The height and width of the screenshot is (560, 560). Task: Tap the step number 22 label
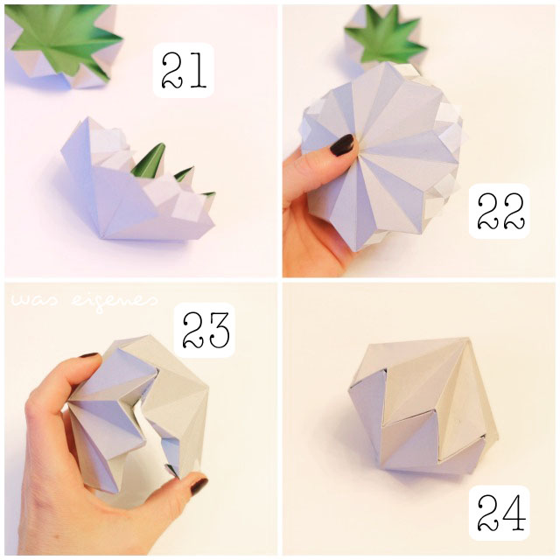[500, 211]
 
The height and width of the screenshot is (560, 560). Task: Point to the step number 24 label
[500, 513]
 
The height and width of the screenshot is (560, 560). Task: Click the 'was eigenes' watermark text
[84, 300]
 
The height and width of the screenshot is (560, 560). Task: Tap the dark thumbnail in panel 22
[341, 144]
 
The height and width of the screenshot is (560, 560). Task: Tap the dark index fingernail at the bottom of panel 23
[199, 486]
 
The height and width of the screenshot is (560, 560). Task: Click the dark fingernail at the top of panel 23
[88, 355]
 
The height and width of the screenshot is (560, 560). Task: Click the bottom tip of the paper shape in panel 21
[102, 237]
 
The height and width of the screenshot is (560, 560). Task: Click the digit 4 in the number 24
[514, 513]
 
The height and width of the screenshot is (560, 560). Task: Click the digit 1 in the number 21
[199, 70]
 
